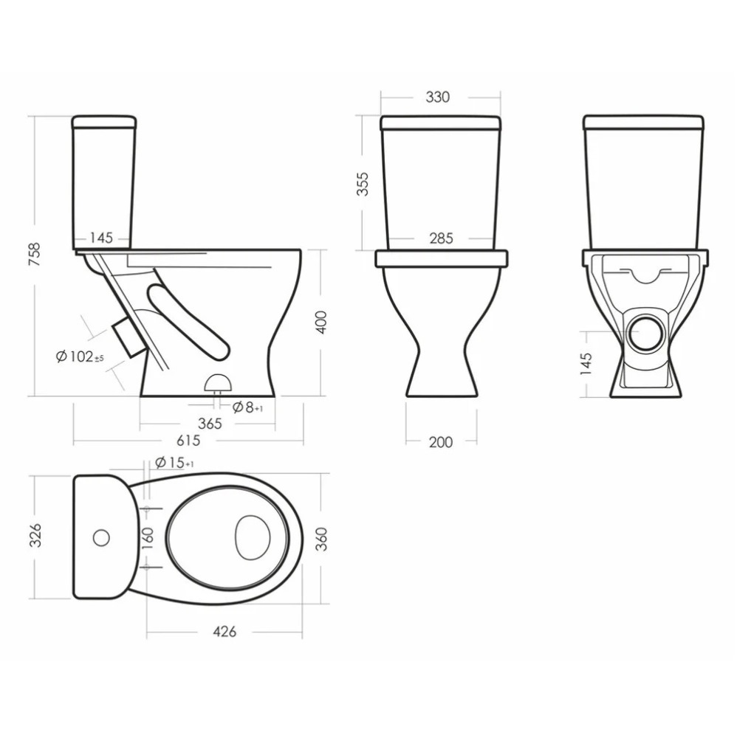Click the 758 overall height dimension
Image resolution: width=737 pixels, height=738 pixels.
[35, 255]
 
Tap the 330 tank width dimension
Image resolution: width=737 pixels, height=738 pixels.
[437, 97]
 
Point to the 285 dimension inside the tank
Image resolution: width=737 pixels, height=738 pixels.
[441, 238]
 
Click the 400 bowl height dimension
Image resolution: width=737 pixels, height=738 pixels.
[320, 323]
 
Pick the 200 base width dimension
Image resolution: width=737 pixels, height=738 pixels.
[441, 442]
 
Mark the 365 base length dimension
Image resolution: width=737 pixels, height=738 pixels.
[210, 424]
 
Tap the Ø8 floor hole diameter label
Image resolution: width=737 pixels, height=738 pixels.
[247, 407]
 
